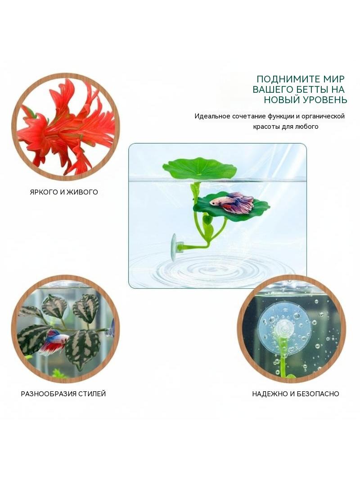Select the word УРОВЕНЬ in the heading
tap(323, 100)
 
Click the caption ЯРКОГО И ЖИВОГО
tap(64, 192)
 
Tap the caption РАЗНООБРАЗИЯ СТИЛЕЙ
tap(63, 394)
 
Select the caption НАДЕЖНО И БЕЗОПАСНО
tap(296, 394)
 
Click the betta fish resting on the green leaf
tap(232, 201)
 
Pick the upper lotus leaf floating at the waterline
tap(199, 168)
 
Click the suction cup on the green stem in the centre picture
tap(174, 247)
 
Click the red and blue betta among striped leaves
tap(54, 342)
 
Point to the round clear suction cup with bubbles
tap(284, 326)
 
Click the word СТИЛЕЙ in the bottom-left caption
tap(92, 394)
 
